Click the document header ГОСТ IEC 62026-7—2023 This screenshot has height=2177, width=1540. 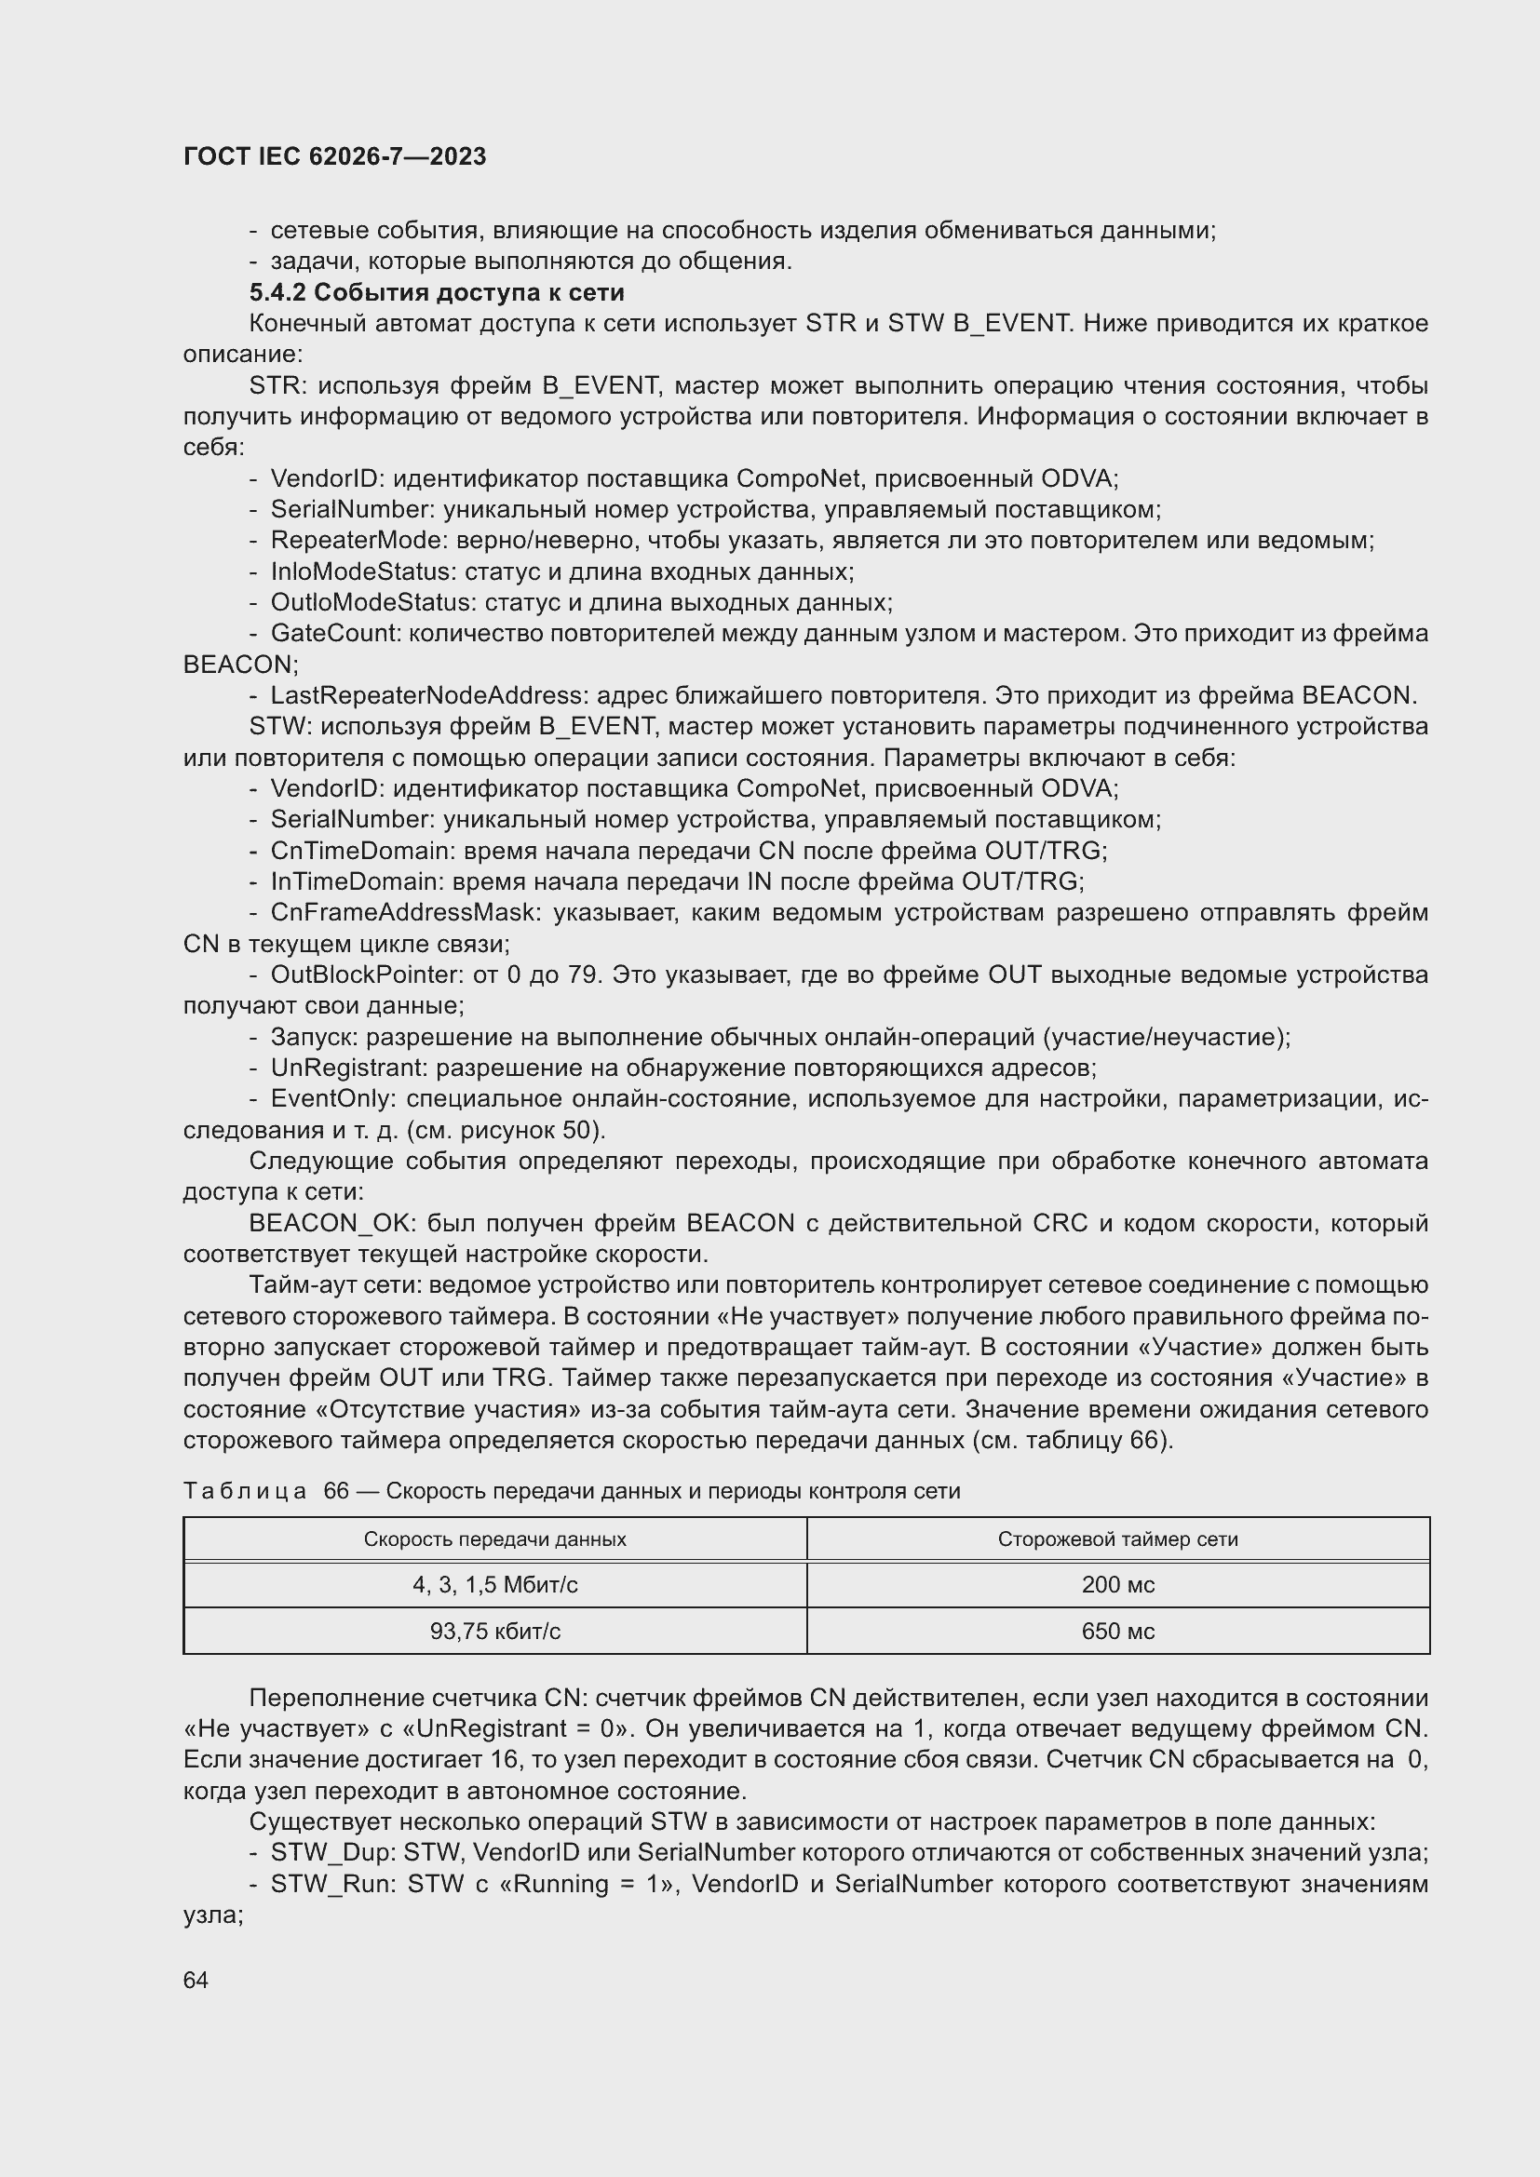pos(334,156)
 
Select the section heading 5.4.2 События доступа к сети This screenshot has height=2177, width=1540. pos(436,292)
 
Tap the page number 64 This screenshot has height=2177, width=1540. pos(196,1980)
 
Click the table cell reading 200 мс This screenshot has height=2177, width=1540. pos(1117,1584)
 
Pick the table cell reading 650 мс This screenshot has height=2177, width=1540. pos(1117,1631)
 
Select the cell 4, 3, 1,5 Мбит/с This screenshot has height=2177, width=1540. pos(494,1584)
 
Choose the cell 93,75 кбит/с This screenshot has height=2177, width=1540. pos(494,1631)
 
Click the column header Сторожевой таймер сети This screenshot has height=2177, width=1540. pos(1117,1539)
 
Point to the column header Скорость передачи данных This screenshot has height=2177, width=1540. pos(494,1539)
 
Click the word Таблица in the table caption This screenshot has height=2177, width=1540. pos(244,1491)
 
